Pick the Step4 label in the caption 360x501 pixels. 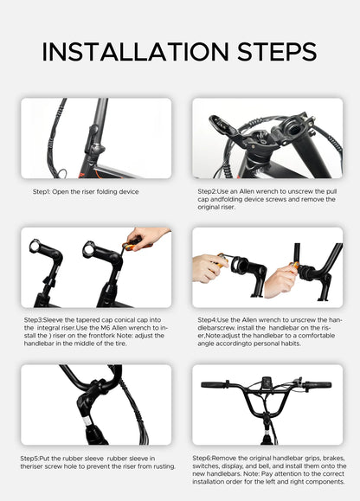click(x=209, y=319)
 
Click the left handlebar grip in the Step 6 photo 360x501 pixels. click(x=212, y=384)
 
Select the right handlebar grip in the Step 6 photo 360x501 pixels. click(x=318, y=384)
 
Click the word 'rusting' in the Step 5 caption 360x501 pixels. click(x=162, y=466)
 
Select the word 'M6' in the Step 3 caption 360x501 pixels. click(x=95, y=328)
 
